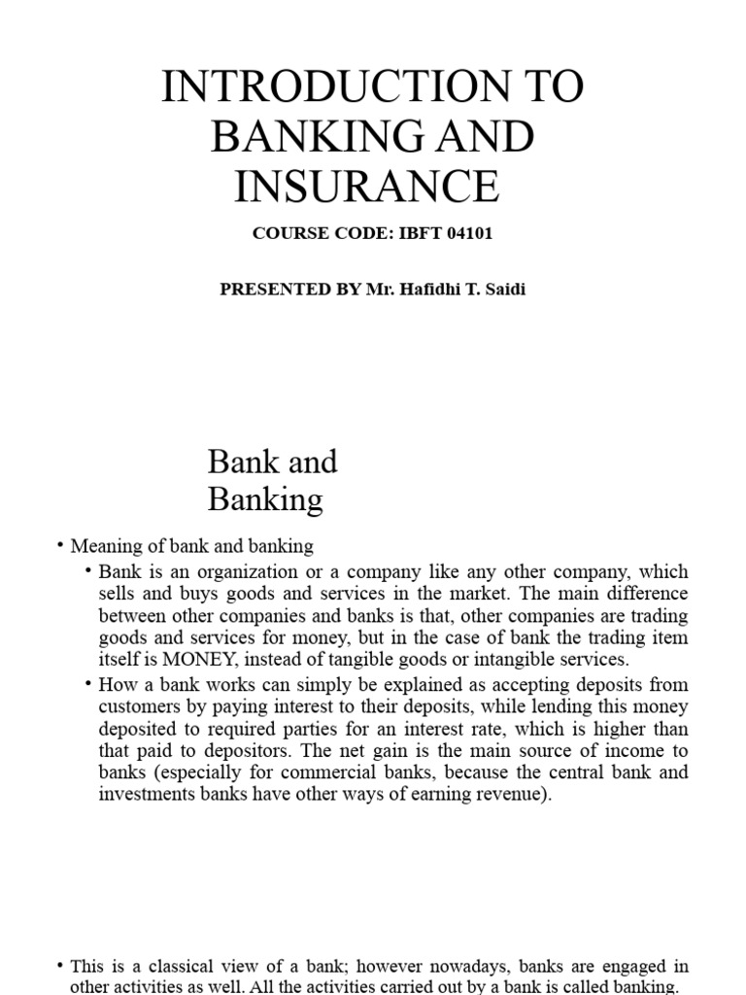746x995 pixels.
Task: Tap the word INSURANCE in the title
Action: point(367,187)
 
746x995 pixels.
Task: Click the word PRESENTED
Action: point(277,291)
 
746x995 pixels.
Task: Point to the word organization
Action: point(238,571)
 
